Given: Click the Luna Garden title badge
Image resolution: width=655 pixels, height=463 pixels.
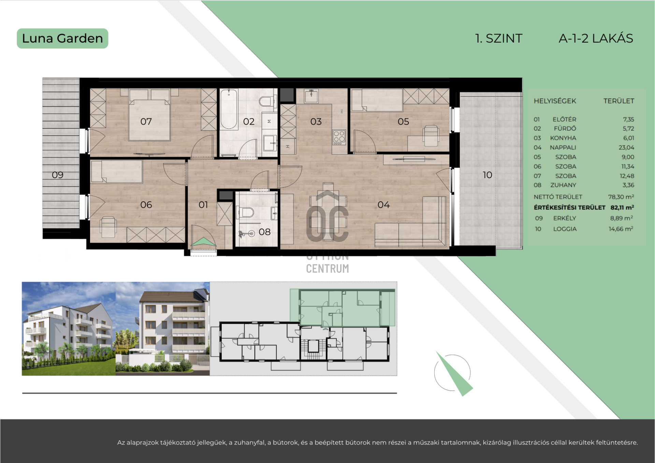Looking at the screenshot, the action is click(x=62, y=39).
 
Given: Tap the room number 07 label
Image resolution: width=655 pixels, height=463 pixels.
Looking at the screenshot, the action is click(x=146, y=121).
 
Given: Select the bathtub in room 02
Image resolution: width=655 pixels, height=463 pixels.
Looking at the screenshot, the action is click(x=229, y=109).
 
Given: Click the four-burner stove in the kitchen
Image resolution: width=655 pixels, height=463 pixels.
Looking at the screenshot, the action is click(x=339, y=137).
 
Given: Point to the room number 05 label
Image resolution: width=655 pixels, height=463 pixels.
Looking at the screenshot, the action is click(x=403, y=121).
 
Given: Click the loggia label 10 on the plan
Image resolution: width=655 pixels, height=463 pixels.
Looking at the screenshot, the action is click(x=487, y=175).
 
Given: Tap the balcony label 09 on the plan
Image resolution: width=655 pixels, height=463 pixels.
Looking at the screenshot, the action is click(x=58, y=175).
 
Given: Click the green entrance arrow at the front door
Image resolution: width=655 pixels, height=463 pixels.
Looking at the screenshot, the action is click(x=203, y=242).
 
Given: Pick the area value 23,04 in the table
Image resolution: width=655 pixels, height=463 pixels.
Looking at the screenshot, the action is click(x=626, y=148).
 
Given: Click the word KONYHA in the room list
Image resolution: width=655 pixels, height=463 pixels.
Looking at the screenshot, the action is click(x=563, y=138).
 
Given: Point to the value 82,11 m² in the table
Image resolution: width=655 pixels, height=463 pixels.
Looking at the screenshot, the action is click(x=622, y=207).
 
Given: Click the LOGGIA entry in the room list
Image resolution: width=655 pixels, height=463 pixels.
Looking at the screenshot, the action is click(x=565, y=229).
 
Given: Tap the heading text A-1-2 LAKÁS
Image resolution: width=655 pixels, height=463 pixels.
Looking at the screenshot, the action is click(x=596, y=39).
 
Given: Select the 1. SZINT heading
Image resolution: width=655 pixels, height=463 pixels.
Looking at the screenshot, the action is click(x=499, y=39).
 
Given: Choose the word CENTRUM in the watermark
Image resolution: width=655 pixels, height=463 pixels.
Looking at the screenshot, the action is click(x=327, y=269).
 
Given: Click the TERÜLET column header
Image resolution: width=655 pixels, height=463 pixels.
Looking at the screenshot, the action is click(x=618, y=101).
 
